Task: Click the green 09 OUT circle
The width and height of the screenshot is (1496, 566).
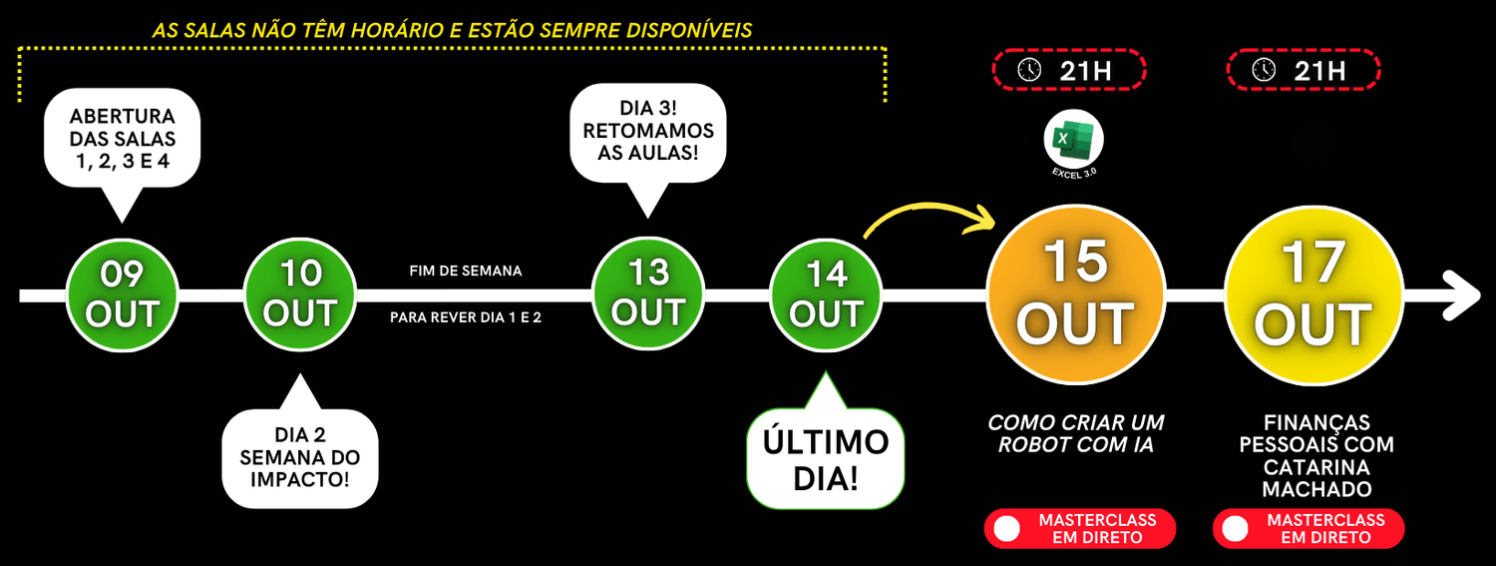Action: point(122,294)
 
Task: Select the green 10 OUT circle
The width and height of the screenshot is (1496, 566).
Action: point(300,294)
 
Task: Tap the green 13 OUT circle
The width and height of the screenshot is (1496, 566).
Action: point(648,294)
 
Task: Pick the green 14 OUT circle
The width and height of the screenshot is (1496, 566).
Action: point(826,294)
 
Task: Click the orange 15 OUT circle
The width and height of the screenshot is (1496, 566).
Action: point(1076,295)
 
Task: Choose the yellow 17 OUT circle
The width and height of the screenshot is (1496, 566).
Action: point(1312,295)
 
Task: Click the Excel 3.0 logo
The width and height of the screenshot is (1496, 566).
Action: point(1074,141)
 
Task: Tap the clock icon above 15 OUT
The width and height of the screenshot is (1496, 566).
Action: point(1028,70)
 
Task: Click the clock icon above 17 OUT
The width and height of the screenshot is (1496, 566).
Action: point(1264,70)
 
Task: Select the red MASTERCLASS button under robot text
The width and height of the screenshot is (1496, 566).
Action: point(1080,529)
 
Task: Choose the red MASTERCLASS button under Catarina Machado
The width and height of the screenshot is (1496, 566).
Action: point(1309,529)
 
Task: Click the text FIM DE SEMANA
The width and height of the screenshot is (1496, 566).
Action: point(465,271)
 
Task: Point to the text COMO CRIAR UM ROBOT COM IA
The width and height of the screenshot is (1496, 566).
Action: point(1075,434)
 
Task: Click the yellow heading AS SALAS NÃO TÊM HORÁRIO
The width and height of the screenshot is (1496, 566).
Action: point(452,31)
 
